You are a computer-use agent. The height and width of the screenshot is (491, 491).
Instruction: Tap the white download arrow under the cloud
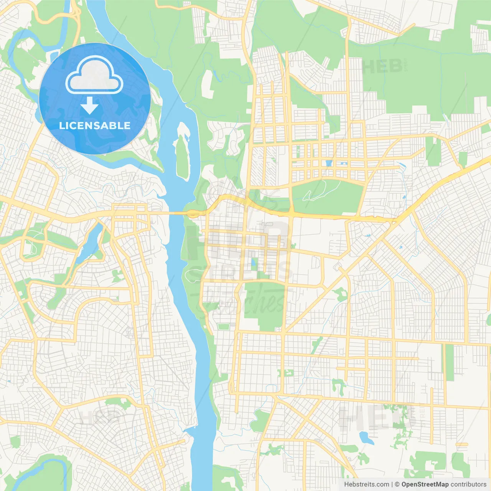[x=89, y=105]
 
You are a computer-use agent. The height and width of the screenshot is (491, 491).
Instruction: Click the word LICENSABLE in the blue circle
[x=95, y=125]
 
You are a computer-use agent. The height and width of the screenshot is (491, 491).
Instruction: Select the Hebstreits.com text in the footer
[x=366, y=484]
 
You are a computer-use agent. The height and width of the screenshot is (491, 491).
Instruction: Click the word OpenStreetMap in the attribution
[x=425, y=484]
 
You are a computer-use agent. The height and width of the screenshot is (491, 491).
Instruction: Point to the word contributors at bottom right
[x=468, y=484]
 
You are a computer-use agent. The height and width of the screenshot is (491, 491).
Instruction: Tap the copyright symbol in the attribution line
[x=397, y=484]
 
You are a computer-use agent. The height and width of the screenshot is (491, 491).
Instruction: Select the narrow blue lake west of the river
[x=89, y=244]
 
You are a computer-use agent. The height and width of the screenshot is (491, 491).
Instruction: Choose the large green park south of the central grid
[x=265, y=303]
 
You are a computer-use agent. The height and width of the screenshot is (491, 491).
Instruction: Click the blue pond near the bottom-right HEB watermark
[x=366, y=437]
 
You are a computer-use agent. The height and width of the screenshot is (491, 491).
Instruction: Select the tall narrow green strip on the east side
[x=449, y=362]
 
